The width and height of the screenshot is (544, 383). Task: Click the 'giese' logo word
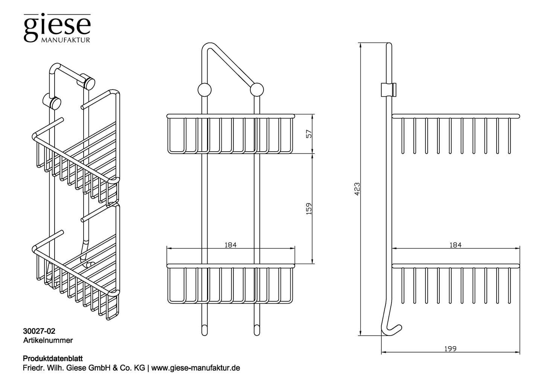(x=57, y=26)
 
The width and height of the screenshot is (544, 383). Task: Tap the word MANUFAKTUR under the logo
(x=66, y=40)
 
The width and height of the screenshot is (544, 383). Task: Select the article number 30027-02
(x=39, y=331)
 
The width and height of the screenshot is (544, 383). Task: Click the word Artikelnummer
(x=48, y=340)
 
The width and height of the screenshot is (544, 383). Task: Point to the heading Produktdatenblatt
(x=53, y=359)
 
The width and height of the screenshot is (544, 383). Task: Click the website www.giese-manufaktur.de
(x=195, y=368)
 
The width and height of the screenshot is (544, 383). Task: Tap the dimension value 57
(x=309, y=134)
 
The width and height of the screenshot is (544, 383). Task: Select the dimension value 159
(x=309, y=209)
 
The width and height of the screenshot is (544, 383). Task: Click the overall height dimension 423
(x=357, y=189)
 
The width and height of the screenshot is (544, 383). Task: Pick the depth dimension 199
(x=450, y=348)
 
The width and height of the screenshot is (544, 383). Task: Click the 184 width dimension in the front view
(x=230, y=245)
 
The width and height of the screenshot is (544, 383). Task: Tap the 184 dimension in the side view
(x=456, y=245)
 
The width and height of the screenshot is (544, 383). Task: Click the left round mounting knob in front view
(x=204, y=90)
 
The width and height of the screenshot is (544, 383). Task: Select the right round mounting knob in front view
(x=257, y=90)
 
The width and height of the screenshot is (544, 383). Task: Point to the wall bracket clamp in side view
(x=389, y=90)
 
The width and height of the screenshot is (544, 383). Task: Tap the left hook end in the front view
(x=204, y=330)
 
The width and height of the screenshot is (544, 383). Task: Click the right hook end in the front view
(x=257, y=330)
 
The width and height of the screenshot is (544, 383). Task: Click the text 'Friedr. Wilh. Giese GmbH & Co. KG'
(x=84, y=368)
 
